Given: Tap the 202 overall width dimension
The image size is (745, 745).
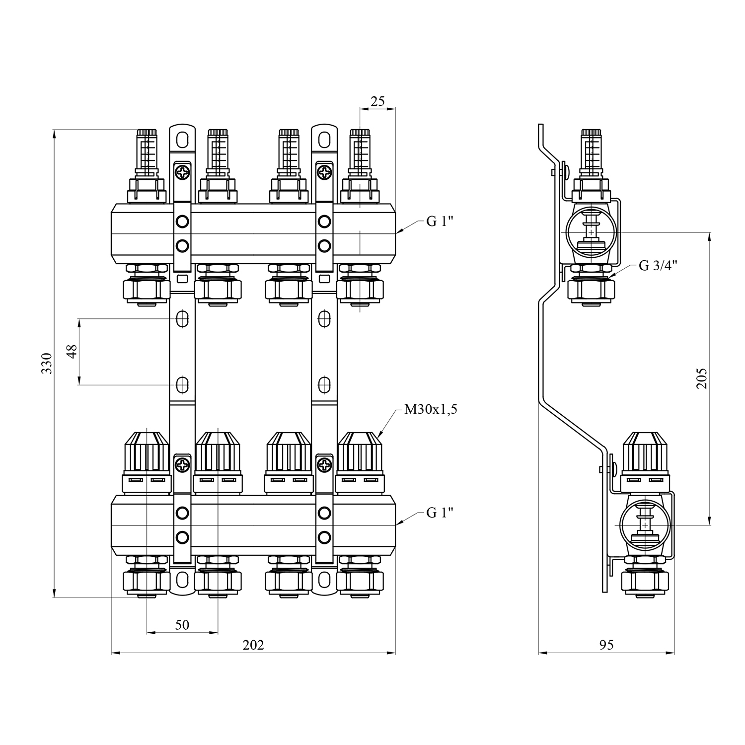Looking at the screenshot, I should tap(253, 645).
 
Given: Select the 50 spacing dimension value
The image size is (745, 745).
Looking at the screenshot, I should tap(182, 625).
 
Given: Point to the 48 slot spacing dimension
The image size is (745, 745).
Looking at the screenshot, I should tap(72, 351).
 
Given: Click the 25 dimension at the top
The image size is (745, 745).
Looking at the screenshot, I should tap(377, 101).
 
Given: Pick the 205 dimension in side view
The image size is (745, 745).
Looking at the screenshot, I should tap(701, 378).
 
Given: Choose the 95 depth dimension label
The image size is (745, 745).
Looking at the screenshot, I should tap(606, 645).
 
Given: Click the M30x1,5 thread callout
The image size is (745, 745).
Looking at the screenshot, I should tap(431, 410).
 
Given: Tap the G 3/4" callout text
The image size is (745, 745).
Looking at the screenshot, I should tap(659, 266).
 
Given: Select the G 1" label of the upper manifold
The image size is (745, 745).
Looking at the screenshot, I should tap(440, 222).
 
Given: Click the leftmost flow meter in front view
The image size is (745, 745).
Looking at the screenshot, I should tap(147, 154).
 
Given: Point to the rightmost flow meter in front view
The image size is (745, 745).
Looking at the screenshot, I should tap(360, 154).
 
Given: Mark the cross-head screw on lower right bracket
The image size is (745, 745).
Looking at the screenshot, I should tap(324, 466).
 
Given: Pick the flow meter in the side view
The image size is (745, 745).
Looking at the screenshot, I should tap(591, 154).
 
